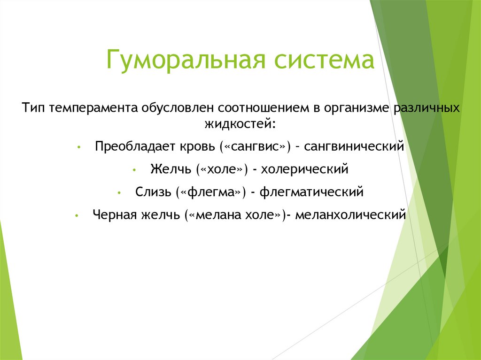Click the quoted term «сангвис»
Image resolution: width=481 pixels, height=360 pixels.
click(x=255, y=146)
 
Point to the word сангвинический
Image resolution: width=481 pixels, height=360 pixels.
click(x=354, y=146)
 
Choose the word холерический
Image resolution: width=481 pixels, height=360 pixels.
click(x=305, y=169)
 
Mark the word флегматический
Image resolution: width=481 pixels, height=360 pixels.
click(x=311, y=192)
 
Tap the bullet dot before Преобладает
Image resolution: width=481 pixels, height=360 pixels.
click(x=79, y=147)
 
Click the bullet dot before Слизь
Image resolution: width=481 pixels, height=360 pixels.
click(x=120, y=193)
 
